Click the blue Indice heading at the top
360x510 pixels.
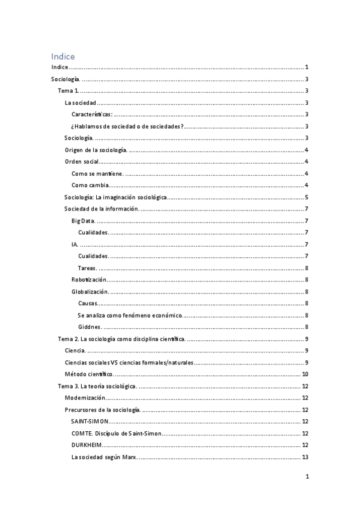click(63, 56)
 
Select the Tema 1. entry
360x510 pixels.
click(67, 91)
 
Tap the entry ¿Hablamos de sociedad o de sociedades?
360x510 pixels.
click(127, 126)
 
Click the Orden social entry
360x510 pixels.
click(82, 161)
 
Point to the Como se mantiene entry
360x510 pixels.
click(97, 173)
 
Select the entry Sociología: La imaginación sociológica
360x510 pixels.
click(115, 197)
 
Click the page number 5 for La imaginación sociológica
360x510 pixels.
click(307, 197)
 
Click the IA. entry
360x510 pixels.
click(75, 244)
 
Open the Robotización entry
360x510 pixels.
click(88, 279)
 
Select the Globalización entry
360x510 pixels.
click(90, 291)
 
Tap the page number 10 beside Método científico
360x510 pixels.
click(305, 374)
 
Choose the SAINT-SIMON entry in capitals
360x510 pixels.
click(90, 421)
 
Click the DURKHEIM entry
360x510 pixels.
click(87, 444)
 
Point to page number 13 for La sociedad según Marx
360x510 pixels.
click(305, 456)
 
